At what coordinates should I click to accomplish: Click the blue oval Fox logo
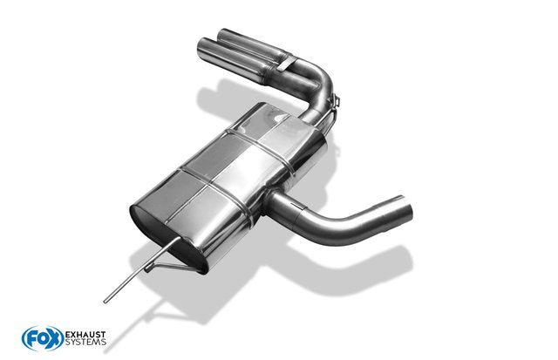coord(43,338)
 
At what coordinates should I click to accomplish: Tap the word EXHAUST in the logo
coord(85,335)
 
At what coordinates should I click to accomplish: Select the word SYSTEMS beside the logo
coord(85,342)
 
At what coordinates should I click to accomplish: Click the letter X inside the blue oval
coord(54,338)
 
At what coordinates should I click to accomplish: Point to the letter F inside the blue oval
coord(31,339)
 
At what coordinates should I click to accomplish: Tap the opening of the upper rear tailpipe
coord(225,35)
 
